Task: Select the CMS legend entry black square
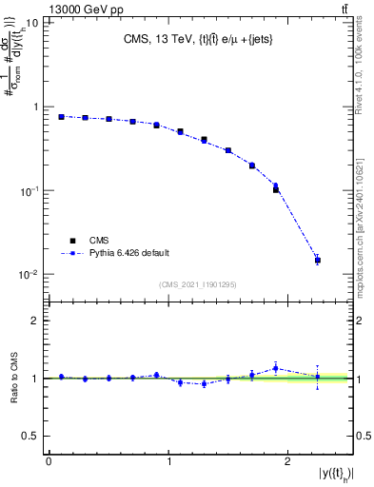tap(70, 241)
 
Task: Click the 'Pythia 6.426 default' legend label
tap(128, 253)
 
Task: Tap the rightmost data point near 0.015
tap(318, 260)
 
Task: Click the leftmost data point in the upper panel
tap(61, 117)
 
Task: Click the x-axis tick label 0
tap(49, 461)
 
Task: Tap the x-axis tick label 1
tap(168, 461)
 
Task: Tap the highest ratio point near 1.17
tap(275, 368)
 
